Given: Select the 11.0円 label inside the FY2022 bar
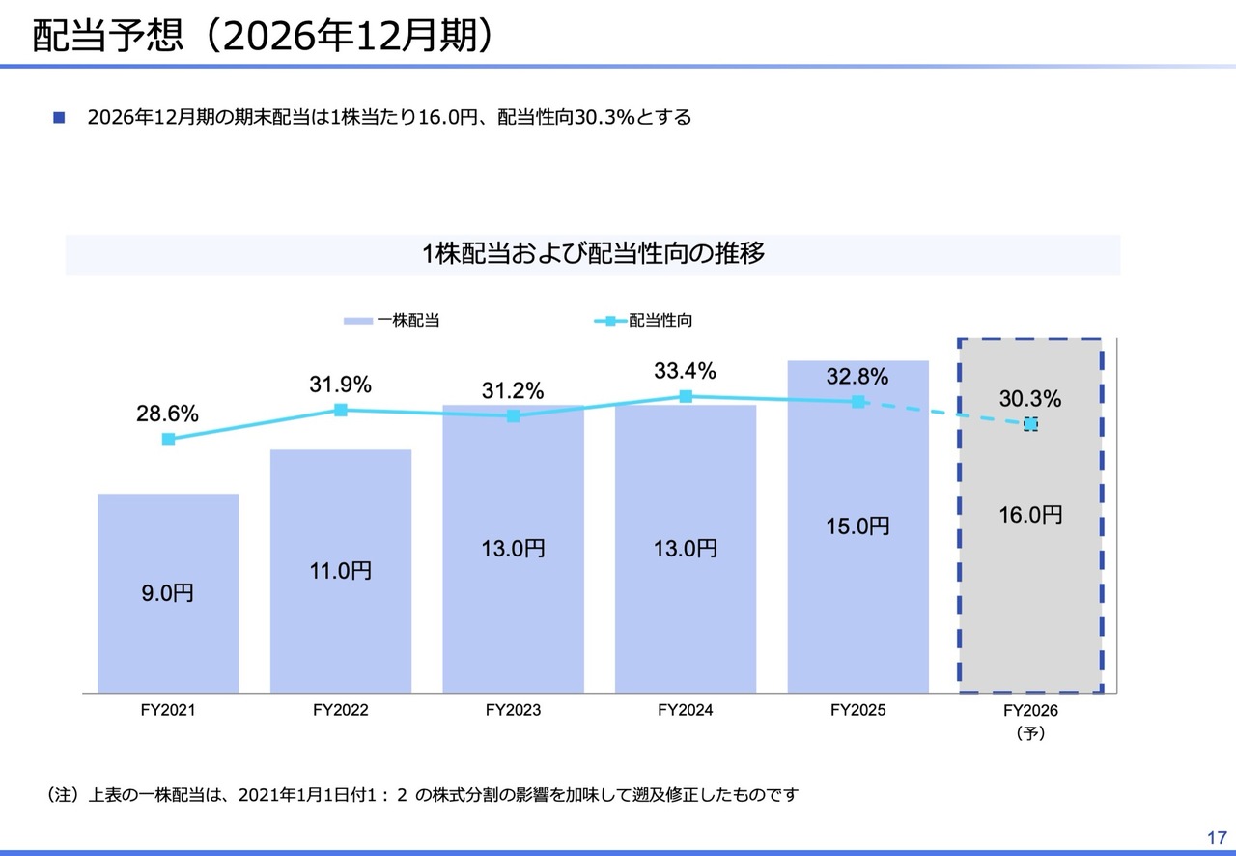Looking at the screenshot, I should click(341, 571).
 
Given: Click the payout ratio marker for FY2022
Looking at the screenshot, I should click(341, 410).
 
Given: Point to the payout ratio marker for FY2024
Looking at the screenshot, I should click(686, 396).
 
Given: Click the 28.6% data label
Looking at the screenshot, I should click(168, 414).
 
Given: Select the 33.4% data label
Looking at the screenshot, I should click(685, 371).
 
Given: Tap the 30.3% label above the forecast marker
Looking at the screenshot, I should click(1030, 398).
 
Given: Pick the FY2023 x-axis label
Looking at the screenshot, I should click(513, 710).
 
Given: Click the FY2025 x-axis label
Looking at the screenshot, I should click(857, 710).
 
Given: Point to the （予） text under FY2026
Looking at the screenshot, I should click(1030, 733).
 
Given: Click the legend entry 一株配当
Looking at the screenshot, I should click(392, 320).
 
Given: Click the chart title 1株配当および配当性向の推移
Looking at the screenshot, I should click(593, 254).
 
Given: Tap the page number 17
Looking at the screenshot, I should click(1215, 837).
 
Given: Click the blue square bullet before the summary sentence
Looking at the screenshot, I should click(59, 118).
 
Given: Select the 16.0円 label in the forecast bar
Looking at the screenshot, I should click(1030, 515).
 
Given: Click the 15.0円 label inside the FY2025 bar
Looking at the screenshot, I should click(857, 527).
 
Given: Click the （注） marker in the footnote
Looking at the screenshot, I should click(62, 795).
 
